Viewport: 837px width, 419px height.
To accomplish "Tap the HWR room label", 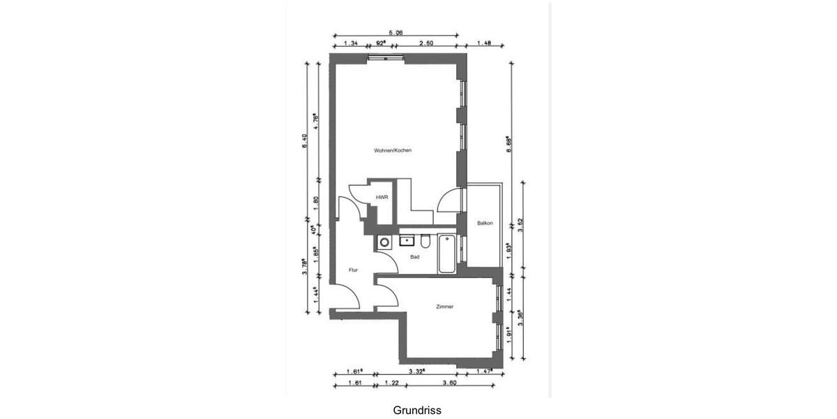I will [382, 198].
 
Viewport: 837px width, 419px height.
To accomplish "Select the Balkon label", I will [485, 223].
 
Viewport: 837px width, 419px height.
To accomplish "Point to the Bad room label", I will [415, 257].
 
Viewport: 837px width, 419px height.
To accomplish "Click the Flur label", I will [354, 270].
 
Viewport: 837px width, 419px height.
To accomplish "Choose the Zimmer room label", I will [444, 307].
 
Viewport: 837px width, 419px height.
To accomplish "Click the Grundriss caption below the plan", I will [417, 410].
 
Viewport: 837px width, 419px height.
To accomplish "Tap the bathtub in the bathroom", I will [446, 254].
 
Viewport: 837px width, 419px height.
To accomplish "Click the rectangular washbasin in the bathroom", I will [407, 242].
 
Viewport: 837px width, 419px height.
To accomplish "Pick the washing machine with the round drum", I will [384, 242].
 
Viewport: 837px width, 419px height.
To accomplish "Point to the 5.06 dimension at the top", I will [395, 31].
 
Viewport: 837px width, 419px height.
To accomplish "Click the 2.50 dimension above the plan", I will [426, 43].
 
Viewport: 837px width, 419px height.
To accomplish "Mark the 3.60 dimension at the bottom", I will [449, 383].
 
